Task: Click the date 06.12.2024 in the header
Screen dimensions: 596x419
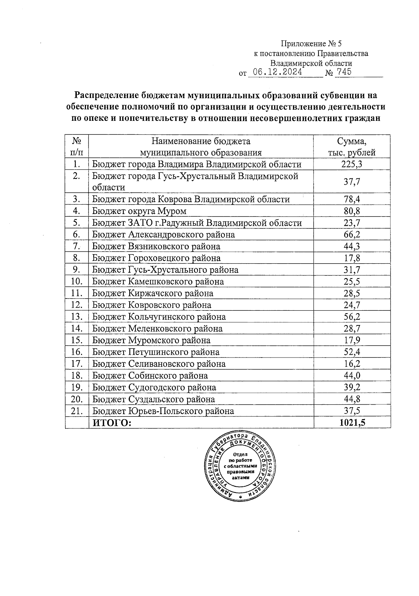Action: [x=278, y=72]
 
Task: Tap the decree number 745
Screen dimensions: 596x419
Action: [x=343, y=72]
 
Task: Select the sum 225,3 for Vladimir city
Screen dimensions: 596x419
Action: [x=352, y=164]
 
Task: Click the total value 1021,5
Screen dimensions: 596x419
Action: [x=352, y=423]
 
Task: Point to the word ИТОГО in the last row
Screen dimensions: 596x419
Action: [x=112, y=423]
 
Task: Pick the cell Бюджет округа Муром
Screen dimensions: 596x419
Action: [x=139, y=211]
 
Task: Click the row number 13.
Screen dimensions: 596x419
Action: [x=76, y=317]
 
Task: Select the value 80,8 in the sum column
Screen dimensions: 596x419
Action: [x=352, y=211]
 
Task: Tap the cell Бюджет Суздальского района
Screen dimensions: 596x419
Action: [x=154, y=399]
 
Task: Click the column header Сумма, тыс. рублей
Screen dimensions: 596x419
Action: [x=352, y=147]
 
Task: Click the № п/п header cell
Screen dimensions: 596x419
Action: [x=77, y=147]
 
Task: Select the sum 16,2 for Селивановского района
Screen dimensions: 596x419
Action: [x=352, y=364]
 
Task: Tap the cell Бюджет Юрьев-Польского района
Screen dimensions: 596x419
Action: [x=163, y=411]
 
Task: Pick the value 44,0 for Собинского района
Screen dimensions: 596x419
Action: [x=352, y=376]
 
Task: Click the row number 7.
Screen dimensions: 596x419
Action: [x=77, y=246]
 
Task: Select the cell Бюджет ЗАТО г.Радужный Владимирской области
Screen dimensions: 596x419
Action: [x=197, y=223]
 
